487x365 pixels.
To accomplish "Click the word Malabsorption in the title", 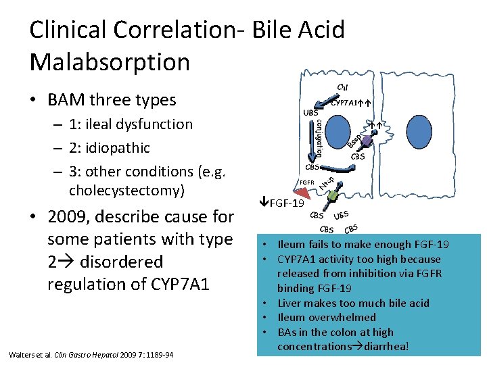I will [110, 62].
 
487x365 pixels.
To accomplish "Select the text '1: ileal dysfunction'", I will [130, 124].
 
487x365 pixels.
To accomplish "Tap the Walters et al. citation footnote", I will [91, 355].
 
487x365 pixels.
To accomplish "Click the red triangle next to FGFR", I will [300, 193].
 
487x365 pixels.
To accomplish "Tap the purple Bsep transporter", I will [366, 141].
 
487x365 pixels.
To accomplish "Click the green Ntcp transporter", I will [333, 195].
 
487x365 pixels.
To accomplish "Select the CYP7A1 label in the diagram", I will [347, 103].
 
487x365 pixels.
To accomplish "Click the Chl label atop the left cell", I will [343, 87].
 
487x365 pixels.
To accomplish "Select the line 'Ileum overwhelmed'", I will [327, 318].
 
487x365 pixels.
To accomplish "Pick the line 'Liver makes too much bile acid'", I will [354, 303].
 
